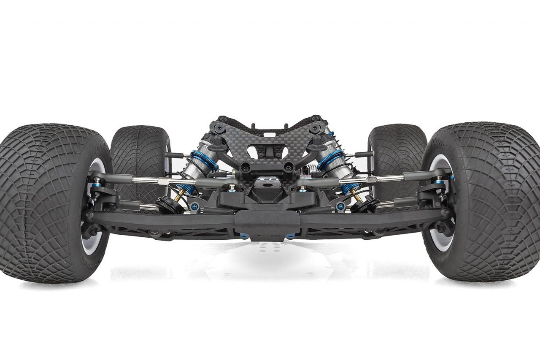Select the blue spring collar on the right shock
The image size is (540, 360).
coord(331,160)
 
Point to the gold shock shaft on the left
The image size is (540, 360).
coord(181,194)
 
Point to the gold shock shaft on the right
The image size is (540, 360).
coord(356,195)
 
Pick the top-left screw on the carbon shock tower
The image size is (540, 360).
coord(222,119)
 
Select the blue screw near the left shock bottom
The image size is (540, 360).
coord(194,207)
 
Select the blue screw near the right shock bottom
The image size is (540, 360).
coord(341,207)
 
